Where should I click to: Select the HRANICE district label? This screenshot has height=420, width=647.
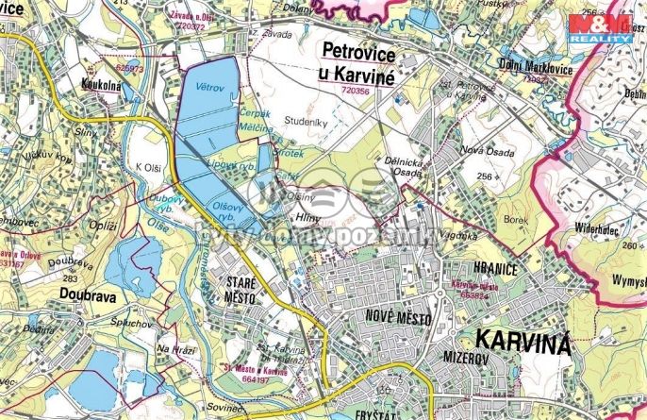tap(473, 269)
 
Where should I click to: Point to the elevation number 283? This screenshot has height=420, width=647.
tap(70, 279)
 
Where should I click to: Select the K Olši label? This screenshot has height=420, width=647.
tap(149, 166)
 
